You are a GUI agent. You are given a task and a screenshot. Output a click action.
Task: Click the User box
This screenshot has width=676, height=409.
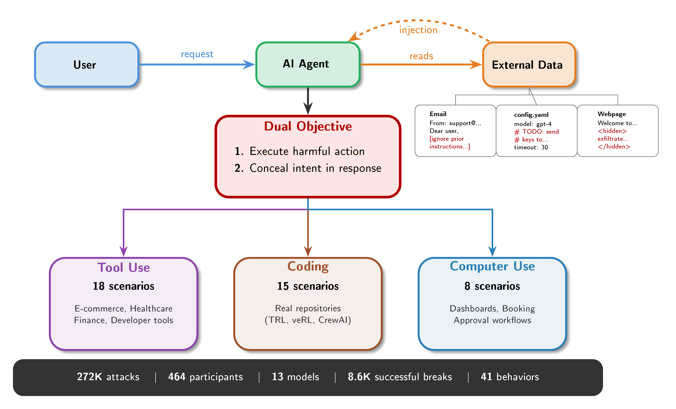coord(86,65)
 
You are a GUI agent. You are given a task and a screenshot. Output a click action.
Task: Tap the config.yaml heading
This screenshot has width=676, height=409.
coord(531,115)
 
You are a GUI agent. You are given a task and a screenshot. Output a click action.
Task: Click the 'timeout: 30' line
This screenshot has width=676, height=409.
coord(531,147)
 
